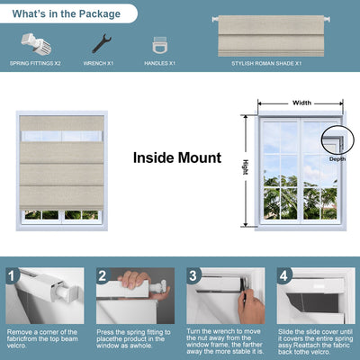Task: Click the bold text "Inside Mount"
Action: [x=177, y=157]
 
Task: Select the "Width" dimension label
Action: [x=301, y=103]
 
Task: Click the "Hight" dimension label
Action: [x=245, y=167]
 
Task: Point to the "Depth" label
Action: [x=337, y=158]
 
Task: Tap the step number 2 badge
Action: [x=103, y=276]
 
